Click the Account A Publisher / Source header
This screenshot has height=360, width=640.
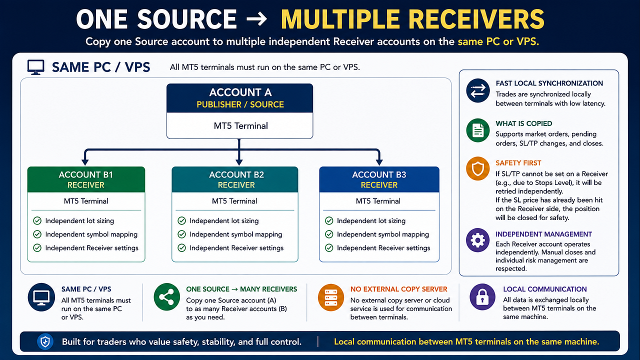click(x=239, y=98)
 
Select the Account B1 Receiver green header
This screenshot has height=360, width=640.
click(x=86, y=179)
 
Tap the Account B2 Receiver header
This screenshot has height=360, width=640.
click(x=235, y=179)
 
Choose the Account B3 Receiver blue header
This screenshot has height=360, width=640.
click(x=379, y=179)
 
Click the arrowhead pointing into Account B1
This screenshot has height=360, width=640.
click(x=85, y=161)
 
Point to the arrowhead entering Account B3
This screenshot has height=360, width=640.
click(x=379, y=161)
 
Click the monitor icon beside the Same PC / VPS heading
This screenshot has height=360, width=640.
click(x=35, y=67)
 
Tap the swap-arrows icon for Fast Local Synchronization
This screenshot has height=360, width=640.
click(x=477, y=90)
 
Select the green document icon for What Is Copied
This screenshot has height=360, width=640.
click(x=477, y=130)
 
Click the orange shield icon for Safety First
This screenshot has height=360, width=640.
click(x=477, y=168)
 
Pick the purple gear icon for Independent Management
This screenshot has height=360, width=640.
click(x=477, y=240)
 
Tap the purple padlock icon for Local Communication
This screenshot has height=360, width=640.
click(x=482, y=297)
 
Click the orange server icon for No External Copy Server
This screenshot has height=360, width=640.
click(x=331, y=297)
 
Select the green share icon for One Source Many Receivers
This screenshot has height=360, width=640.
click(x=166, y=297)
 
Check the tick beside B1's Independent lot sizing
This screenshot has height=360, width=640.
click(x=37, y=220)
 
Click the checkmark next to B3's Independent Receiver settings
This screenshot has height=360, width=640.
click(x=329, y=247)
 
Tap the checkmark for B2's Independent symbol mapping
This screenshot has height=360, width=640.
click(x=181, y=234)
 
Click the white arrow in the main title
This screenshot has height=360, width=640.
click(x=256, y=19)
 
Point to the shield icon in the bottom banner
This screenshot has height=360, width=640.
click(x=45, y=341)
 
